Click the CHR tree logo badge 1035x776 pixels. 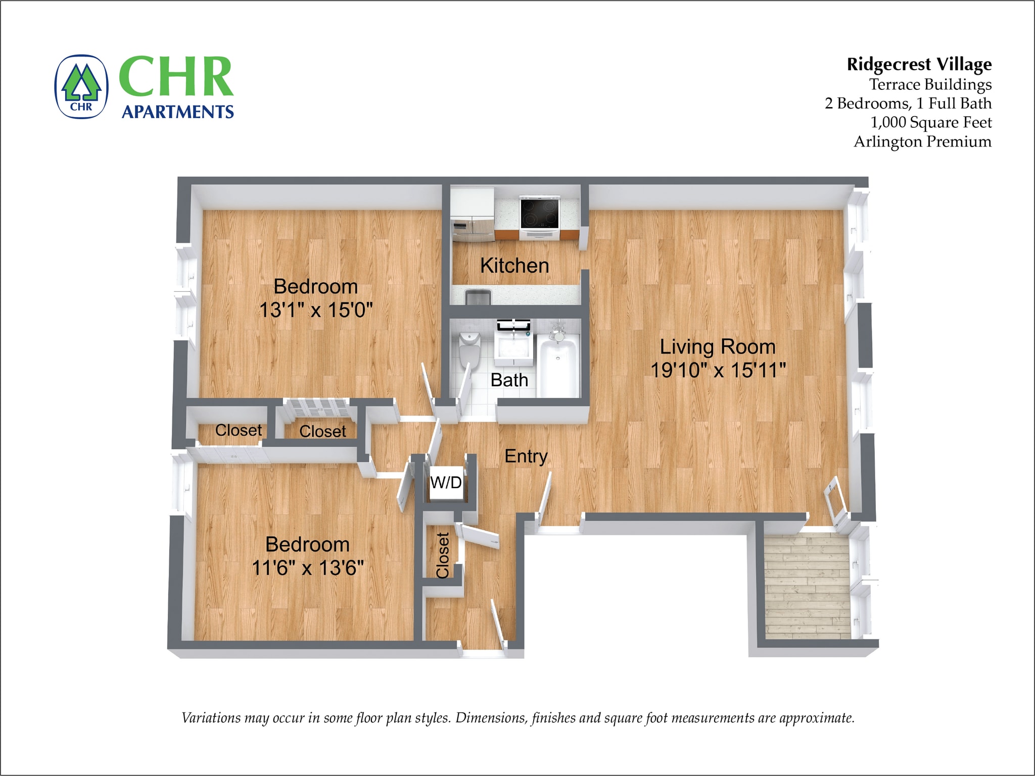tap(81, 86)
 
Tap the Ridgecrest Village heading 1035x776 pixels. tap(919, 65)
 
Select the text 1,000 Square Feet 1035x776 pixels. tap(931, 123)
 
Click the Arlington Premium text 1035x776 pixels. tap(922, 142)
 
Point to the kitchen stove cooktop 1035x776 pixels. tap(540, 213)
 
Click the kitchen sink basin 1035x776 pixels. tap(478, 297)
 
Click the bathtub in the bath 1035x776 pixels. tap(558, 367)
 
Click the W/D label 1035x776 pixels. tap(446, 483)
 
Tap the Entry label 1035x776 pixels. tap(526, 456)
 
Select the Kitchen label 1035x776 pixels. tap(514, 266)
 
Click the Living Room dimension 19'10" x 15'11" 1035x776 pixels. tap(718, 370)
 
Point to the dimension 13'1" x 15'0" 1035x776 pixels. tap(316, 310)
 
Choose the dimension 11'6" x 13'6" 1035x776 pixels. tap(308, 568)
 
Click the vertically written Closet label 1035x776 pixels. tap(443, 555)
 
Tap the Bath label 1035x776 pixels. tap(509, 380)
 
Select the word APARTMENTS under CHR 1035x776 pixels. tap(178, 112)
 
